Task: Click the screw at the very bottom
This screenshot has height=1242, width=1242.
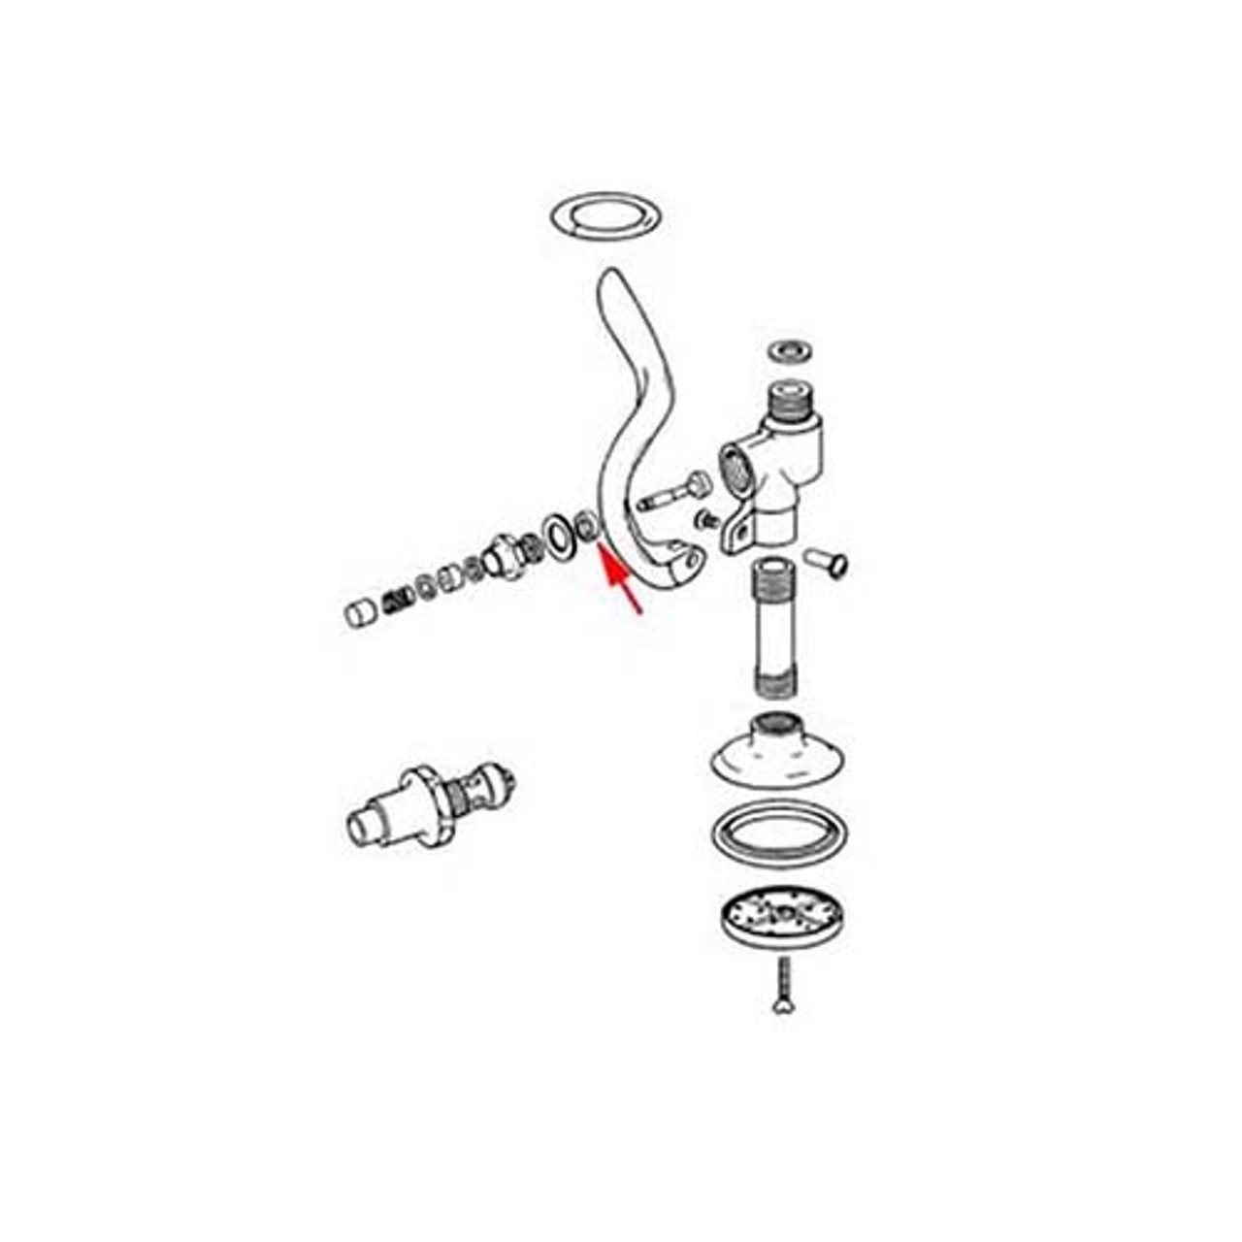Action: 783,986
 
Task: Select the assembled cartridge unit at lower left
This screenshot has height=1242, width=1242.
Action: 427,806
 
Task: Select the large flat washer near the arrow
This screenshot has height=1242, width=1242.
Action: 559,535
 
